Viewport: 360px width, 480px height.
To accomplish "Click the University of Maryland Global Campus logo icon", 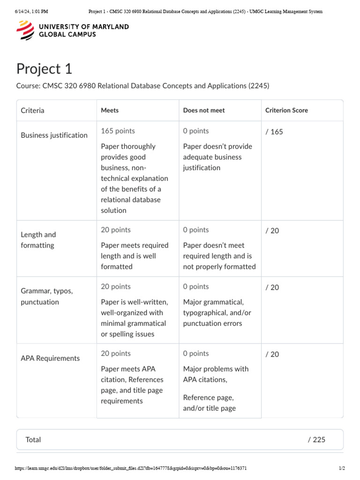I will tap(25, 30).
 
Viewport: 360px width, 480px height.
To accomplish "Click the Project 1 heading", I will tap(45, 69).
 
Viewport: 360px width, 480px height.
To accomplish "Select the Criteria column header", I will tap(33, 111).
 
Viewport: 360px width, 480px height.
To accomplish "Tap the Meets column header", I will tap(110, 111).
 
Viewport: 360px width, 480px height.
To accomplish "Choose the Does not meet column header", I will tap(204, 111).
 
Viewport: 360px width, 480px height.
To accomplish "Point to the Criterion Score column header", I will tap(286, 111).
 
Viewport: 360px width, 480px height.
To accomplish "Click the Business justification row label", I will tap(54, 135).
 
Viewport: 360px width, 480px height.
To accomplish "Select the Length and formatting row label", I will tap(38, 240).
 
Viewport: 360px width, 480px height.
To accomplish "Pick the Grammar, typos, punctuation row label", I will tap(47, 296).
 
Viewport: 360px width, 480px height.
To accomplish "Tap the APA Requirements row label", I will tap(50, 358).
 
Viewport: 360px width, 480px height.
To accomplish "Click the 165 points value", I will tap(118, 131).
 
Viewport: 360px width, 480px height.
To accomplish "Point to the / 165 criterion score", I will tap(274, 132).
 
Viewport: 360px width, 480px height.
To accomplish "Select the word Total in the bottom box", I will tap(33, 440).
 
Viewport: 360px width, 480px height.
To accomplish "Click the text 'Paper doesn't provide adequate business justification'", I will tap(217, 157).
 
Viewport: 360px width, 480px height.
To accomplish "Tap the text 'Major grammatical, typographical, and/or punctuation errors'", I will tap(217, 313).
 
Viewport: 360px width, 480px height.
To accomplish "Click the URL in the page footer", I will tap(131, 468).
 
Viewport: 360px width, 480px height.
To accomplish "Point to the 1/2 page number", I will tap(342, 468).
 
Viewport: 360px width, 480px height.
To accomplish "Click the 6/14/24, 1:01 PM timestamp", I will tap(31, 11).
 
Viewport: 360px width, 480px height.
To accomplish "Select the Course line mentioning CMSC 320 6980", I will tap(143, 86).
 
